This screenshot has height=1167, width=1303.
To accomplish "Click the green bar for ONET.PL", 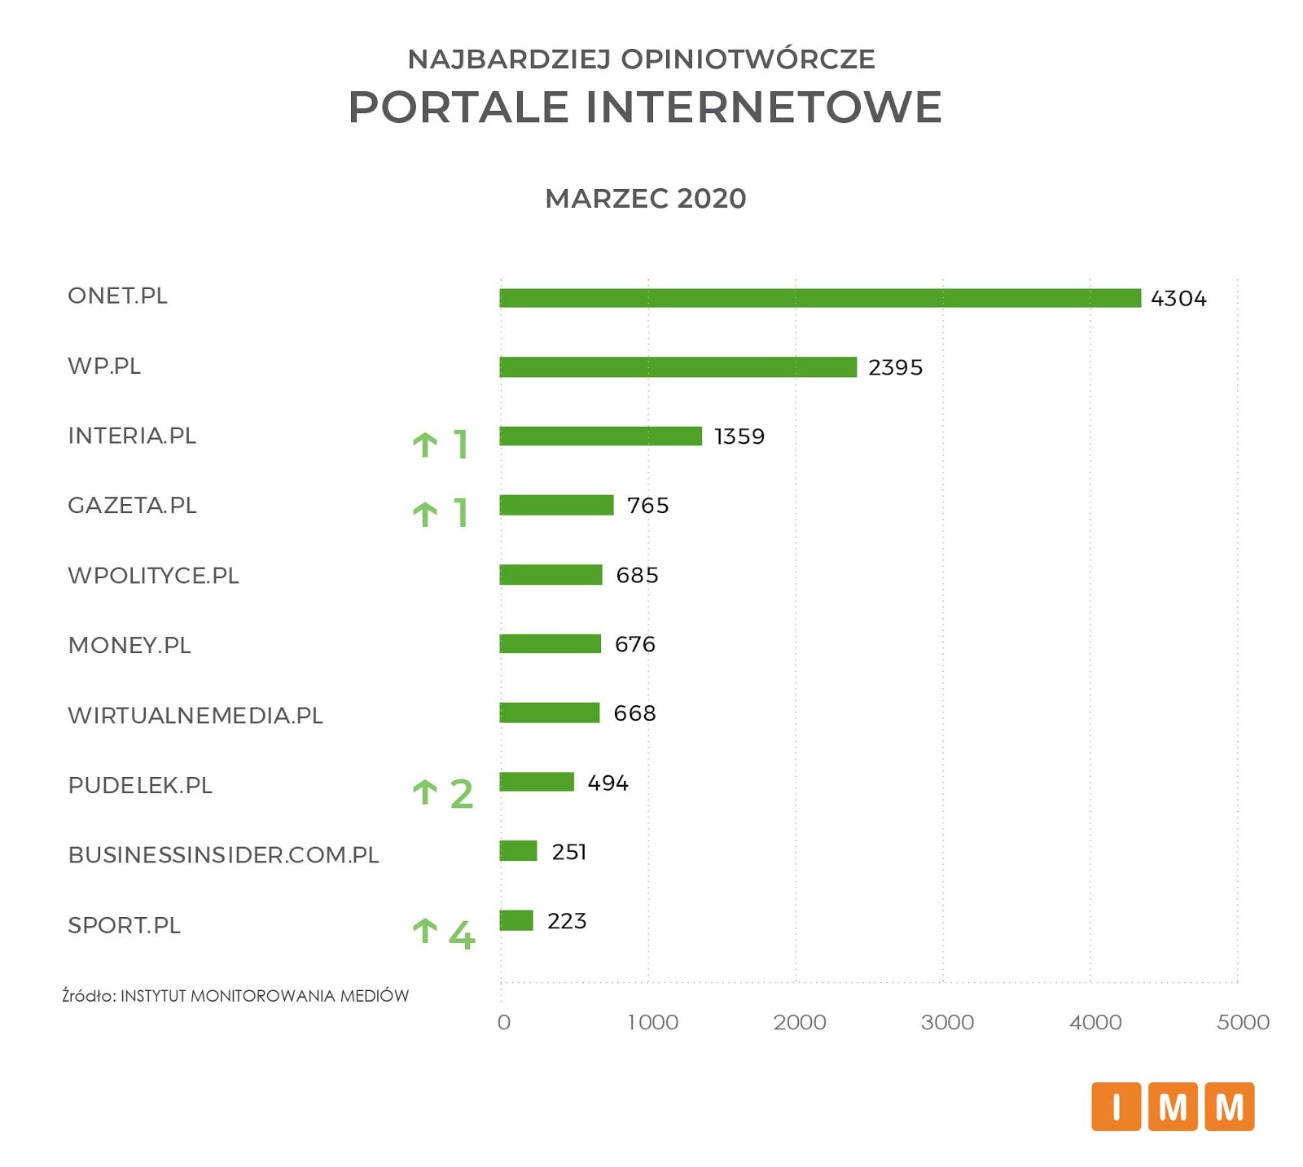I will tap(819, 298).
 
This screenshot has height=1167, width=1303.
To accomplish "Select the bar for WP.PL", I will tap(678, 367).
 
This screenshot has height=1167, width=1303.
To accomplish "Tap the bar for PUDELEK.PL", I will tap(537, 782).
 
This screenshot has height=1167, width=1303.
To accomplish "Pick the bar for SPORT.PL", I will tap(516, 920).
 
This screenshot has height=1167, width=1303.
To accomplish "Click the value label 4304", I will tap(1178, 299).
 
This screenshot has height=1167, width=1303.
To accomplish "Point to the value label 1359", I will tap(739, 437).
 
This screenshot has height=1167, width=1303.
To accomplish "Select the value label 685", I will tap(637, 576).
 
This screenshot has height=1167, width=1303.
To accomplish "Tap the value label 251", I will tap(569, 852).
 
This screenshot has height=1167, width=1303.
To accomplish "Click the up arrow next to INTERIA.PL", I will tap(425, 445).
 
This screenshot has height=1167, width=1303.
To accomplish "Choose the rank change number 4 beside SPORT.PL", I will tap(462, 935).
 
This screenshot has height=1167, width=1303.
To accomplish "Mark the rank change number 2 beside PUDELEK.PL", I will tap(462, 794).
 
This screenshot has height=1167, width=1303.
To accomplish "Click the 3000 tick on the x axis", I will tap(947, 1022).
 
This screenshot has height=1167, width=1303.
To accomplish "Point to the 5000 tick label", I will tap(1243, 1022).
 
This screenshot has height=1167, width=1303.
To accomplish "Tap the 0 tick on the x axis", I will tap(504, 1022).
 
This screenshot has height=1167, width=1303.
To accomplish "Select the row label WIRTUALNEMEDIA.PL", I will tap(195, 716).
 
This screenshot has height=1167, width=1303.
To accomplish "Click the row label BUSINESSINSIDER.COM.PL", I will tap(224, 855).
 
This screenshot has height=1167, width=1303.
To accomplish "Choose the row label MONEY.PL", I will tap(129, 646).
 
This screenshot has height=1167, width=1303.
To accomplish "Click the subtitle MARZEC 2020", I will tap(645, 199).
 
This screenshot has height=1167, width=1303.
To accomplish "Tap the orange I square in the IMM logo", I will tap(1116, 1107).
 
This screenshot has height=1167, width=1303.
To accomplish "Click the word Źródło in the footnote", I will tap(89, 995).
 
